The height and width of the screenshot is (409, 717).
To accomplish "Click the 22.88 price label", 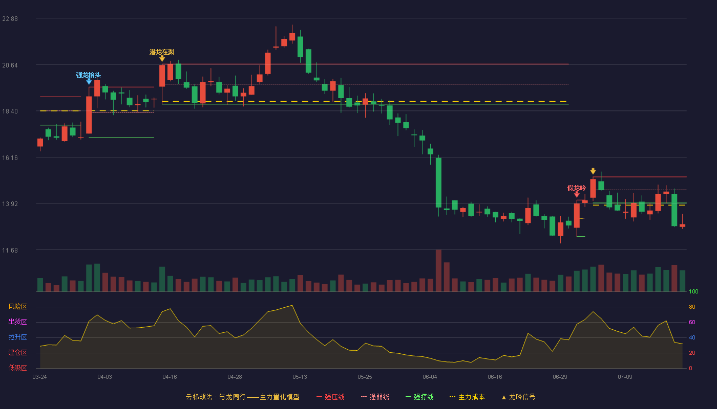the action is pyautogui.click(x=10, y=19).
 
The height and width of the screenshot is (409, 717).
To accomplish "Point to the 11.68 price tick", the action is pyautogui.click(x=10, y=250).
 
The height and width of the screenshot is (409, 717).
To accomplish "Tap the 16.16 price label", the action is pyautogui.click(x=10, y=157).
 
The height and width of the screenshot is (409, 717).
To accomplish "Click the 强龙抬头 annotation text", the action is pyautogui.click(x=88, y=75).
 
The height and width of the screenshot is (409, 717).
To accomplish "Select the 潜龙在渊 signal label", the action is pyautogui.click(x=162, y=52).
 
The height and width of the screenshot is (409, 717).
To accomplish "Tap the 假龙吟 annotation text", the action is pyautogui.click(x=577, y=188).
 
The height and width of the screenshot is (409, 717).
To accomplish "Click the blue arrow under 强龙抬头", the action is pyautogui.click(x=89, y=82).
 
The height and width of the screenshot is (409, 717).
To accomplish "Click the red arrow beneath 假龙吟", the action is pyautogui.click(x=577, y=194).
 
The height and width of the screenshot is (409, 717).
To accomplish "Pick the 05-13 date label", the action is pyautogui.click(x=300, y=377).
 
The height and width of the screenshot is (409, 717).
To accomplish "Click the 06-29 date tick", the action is pyautogui.click(x=560, y=377).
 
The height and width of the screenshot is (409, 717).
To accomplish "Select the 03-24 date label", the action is pyautogui.click(x=40, y=377).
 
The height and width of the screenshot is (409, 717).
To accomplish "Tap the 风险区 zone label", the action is pyautogui.click(x=17, y=306).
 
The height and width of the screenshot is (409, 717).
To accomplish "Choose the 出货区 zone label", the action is pyautogui.click(x=17, y=322).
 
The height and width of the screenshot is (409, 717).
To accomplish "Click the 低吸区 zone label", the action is pyautogui.click(x=17, y=368).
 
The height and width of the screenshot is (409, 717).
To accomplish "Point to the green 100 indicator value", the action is pyautogui.click(x=693, y=291).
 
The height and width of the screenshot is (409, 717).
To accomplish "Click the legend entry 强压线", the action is pyautogui.click(x=330, y=397).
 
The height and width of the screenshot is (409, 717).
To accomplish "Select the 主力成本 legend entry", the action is pyautogui.click(x=467, y=397).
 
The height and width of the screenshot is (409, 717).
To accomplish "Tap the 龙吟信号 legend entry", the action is pyautogui.click(x=518, y=397).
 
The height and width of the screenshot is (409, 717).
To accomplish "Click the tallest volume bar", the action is pyautogui.click(x=438, y=270).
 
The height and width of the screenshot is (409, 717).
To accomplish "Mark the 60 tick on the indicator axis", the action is pyautogui.click(x=692, y=322).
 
